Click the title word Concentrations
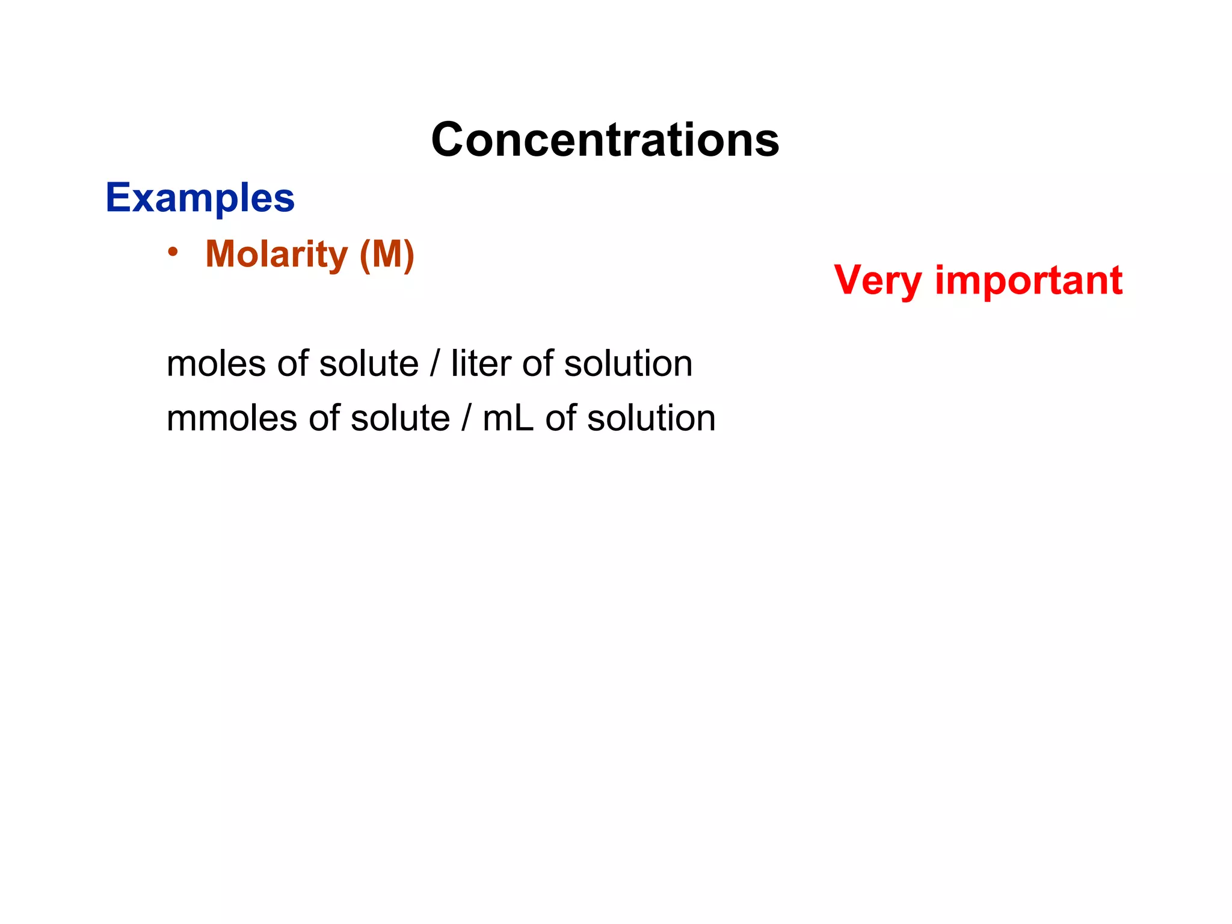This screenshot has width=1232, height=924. pos(605,140)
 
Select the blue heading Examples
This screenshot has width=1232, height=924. pos(200,197)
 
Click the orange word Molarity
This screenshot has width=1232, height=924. pos(277,254)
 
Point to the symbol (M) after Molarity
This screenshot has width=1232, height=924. pos(387,254)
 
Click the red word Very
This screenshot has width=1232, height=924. pos(878,280)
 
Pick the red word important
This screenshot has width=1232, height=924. pos(1029,280)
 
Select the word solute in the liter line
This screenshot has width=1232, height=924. pos(369,364)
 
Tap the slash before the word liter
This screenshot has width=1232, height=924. pos(435,364)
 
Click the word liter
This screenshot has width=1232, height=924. pos(481,364)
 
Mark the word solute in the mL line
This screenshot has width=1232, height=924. pos(400,419)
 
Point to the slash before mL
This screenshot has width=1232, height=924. pos(466,419)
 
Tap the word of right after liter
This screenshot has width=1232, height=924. pos(537,364)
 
